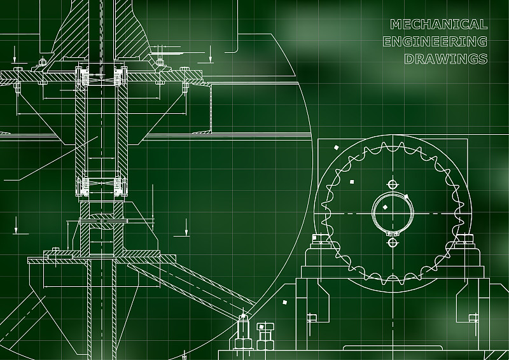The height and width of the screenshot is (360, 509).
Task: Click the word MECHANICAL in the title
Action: point(438,24)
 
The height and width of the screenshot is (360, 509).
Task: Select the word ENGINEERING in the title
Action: point(435,41)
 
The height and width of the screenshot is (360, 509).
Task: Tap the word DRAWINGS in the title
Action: point(446,59)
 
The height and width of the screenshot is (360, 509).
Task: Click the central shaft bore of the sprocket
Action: point(393,212)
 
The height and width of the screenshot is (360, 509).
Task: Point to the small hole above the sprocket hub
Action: point(393,184)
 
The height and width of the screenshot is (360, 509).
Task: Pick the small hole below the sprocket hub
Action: point(393,242)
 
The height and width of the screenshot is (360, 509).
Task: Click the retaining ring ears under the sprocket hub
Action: point(393,233)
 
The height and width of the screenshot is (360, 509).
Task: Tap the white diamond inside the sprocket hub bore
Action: point(385,207)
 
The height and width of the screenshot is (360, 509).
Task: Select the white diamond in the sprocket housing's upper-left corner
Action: point(337,148)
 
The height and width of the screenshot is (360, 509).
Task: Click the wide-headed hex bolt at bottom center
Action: point(265,336)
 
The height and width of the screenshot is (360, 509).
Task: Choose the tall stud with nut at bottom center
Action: point(243,332)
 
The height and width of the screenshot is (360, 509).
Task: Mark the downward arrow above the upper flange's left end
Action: point(15,55)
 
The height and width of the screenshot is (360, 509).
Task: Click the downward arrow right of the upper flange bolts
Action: point(211,54)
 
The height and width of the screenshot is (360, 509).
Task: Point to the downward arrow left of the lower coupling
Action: point(16,225)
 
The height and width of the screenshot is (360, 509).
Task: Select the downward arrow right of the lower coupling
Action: point(186,227)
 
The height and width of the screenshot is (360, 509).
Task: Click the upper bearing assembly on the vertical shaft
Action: point(102,76)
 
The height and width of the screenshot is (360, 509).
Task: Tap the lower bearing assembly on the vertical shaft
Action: point(102,186)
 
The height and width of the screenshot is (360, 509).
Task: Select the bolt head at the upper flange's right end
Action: point(185,69)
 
